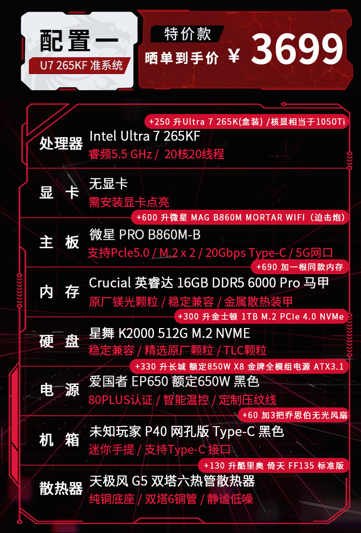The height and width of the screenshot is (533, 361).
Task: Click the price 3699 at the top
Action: tap(297, 50)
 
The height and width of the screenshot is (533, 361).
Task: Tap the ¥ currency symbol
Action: tap(234, 57)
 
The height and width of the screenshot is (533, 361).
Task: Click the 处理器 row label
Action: tap(61, 143)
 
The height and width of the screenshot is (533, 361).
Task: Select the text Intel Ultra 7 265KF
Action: tap(144, 136)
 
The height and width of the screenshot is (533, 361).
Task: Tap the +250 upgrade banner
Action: tap(247, 122)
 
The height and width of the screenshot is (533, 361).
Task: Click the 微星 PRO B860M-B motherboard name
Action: tap(145, 235)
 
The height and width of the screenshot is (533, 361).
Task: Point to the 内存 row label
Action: tap(59, 292)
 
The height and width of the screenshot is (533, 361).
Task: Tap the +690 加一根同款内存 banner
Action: tap(299, 267)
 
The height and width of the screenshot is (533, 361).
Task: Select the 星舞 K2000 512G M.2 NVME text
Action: tap(169, 333)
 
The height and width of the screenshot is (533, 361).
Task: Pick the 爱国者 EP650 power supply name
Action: tap(174, 382)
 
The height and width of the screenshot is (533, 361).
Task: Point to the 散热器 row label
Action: tap(61, 489)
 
